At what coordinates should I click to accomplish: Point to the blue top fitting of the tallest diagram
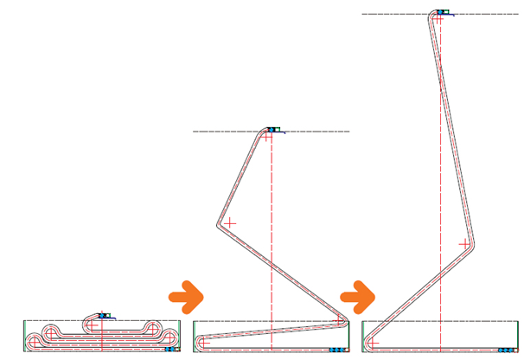pyautogui.click(x=442, y=12)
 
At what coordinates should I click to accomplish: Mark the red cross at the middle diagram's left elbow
pyautogui.click(x=228, y=222)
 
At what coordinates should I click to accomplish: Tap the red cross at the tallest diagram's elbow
pyautogui.click(x=463, y=244)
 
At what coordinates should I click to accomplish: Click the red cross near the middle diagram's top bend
pyautogui.click(x=267, y=138)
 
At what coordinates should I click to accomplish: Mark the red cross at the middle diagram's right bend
pyautogui.click(x=337, y=322)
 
